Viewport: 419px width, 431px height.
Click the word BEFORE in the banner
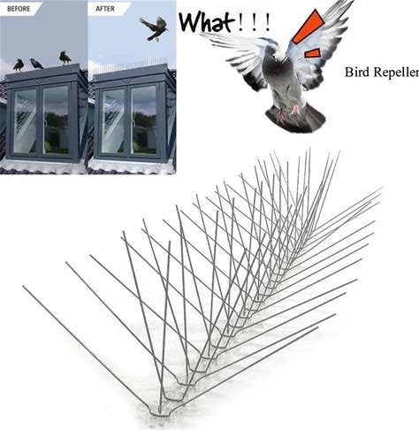(19, 9)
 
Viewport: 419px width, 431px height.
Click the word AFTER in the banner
(105, 9)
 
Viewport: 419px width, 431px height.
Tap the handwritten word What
(207, 21)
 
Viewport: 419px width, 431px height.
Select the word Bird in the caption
(354, 72)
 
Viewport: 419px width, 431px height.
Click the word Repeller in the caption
(393, 73)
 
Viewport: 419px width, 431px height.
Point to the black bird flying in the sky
(154, 28)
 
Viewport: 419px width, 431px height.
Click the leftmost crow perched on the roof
(19, 65)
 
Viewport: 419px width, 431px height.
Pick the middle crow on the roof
(36, 64)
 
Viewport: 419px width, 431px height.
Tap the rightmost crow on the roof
(65, 58)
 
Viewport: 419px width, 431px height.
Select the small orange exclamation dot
(312, 53)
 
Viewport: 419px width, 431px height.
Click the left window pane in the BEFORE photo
(25, 121)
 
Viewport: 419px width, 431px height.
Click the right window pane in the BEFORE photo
(56, 119)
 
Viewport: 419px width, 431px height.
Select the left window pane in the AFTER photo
(113, 121)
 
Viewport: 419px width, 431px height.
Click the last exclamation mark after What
(267, 23)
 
